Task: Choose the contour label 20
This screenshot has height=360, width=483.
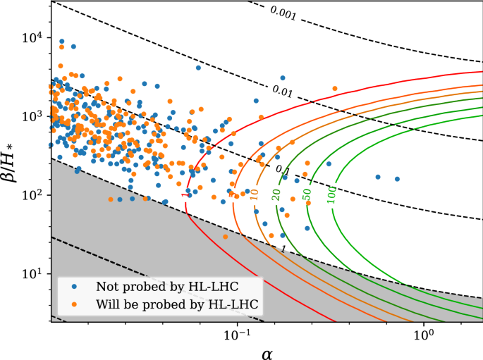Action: (277, 194)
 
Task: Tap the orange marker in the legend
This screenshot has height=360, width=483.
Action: (74, 305)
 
